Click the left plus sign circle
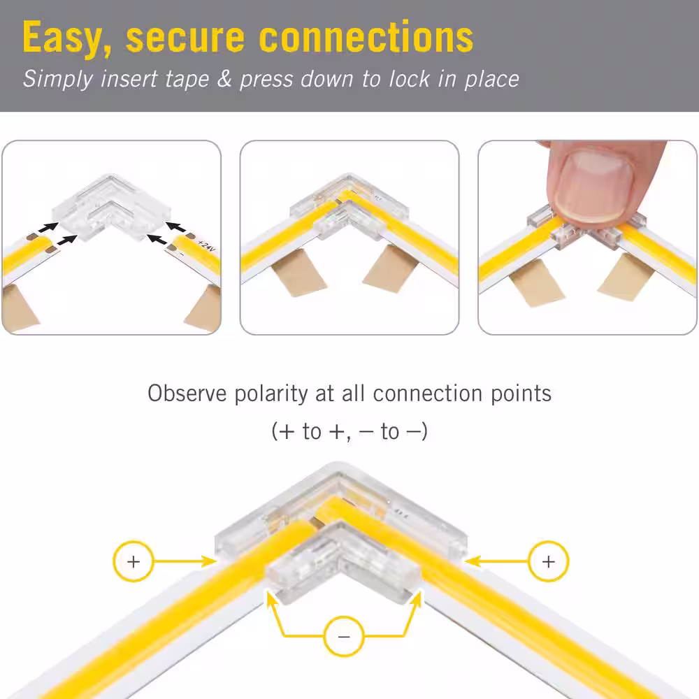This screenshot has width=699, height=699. point(134,561)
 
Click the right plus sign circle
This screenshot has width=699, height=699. point(548,561)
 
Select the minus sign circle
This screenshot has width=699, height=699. point(344,636)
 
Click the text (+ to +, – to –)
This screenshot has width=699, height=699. point(349,431)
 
